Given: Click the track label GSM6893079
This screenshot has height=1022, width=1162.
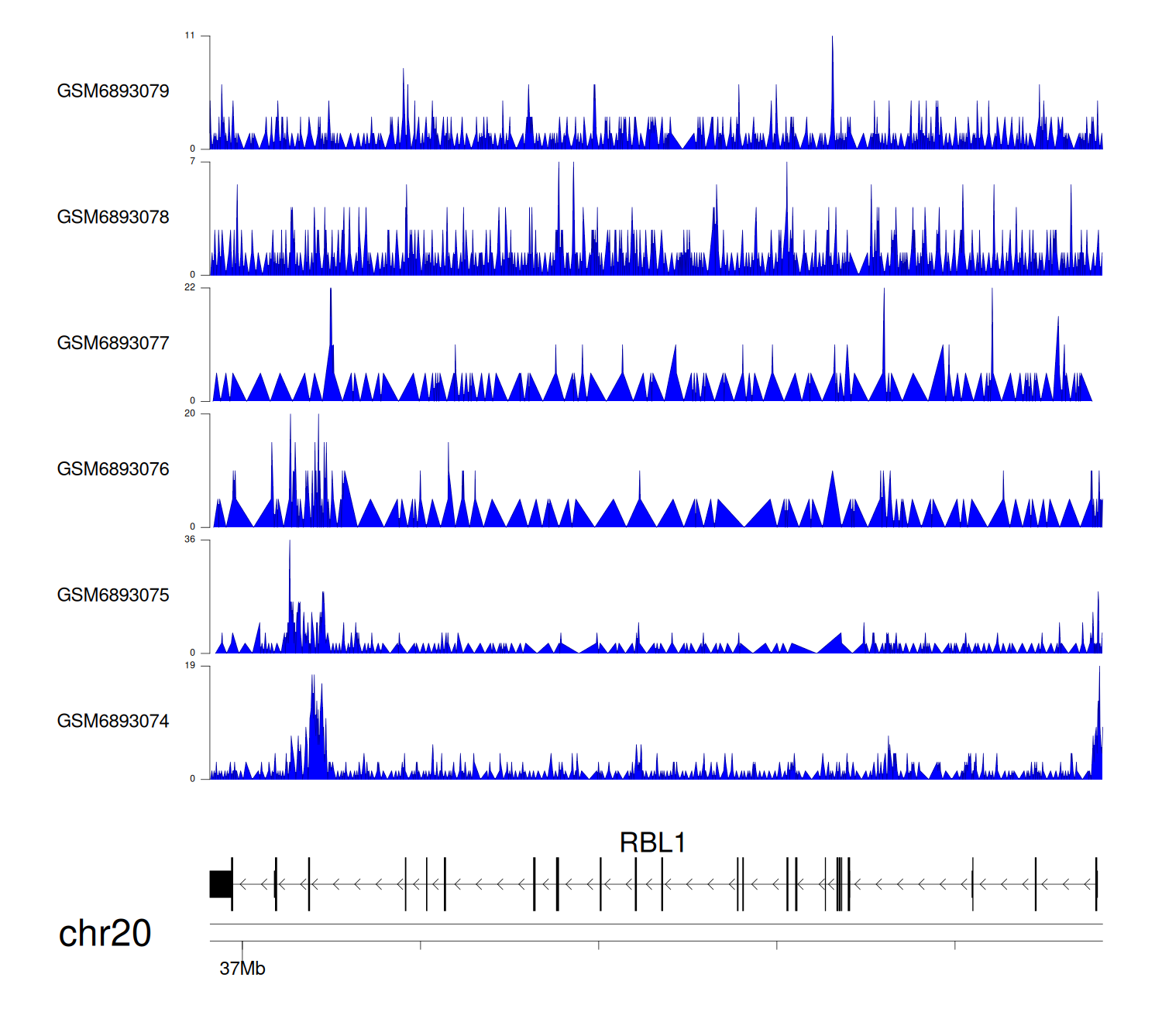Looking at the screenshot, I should click(113, 91).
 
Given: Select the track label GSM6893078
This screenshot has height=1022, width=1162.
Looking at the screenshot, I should click(113, 218).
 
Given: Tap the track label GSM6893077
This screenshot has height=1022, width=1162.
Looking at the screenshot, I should click(113, 344).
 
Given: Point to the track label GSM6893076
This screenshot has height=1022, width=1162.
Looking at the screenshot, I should click(113, 469).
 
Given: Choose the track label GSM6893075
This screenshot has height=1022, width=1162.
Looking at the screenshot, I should click(113, 595).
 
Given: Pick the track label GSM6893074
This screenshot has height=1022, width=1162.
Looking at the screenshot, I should click(113, 722).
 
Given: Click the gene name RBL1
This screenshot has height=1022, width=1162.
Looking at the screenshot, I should click(652, 842).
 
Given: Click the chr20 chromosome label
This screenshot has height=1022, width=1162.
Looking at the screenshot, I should click(105, 933).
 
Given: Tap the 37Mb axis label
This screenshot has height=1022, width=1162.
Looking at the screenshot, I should click(242, 969).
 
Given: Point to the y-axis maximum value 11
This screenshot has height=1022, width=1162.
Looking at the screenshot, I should click(190, 36).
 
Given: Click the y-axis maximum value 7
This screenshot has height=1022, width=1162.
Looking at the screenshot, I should click(192, 162).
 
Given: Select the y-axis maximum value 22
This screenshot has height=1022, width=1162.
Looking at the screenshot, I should click(190, 287).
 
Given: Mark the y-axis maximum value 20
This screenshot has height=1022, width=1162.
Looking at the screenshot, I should click(190, 413).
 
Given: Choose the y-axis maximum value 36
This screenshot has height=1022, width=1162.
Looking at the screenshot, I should click(190, 540).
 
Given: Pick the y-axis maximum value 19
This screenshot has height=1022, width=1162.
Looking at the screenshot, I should click(190, 666).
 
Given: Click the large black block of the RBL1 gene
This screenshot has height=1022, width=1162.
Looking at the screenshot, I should click(221, 884).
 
